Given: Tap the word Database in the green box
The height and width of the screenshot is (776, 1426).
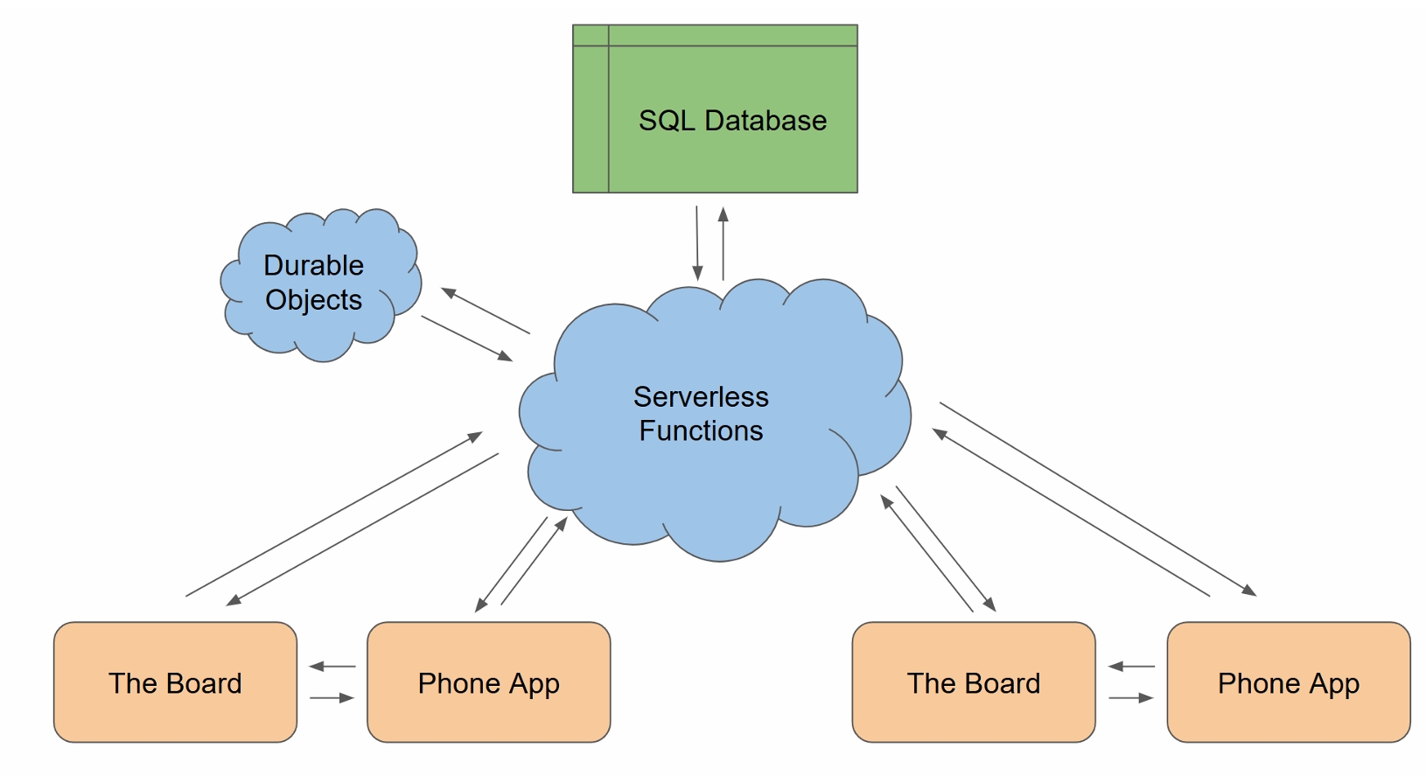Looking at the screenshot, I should pos(765,121).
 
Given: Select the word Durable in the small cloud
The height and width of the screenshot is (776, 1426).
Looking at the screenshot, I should pos(313,265).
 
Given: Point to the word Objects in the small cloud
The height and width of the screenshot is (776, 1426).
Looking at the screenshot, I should pos(313,300).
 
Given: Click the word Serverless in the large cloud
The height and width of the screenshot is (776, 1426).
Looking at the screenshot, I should pos(701,397).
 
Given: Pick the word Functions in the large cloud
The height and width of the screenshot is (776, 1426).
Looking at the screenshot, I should pos(701,431).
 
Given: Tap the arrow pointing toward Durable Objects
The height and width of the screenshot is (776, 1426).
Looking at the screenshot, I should pos(486,311).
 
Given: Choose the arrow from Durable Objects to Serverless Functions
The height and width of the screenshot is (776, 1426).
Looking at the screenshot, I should pos(467,339).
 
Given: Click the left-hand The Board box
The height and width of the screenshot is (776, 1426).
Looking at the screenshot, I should pos(175,682).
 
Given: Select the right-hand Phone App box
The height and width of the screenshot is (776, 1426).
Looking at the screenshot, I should pos(1288,682).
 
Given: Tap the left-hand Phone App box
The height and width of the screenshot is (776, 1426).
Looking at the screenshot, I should pos(488,682).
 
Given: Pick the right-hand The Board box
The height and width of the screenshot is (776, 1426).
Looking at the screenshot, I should pos(973,682).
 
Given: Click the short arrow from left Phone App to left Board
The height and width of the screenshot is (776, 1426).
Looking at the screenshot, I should pos(332,667).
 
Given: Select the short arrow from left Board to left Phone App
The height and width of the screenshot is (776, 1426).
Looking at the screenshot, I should pos(332,698).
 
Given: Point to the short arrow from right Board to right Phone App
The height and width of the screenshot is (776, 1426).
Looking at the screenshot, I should pos(1131,698).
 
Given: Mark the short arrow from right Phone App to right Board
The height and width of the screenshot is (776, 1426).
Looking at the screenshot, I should pos(1131,667).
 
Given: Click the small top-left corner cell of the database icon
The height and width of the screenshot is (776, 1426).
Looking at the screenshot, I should pos(591,35).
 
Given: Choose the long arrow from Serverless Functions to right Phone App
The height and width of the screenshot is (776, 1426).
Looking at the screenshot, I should pos(1098,499).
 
